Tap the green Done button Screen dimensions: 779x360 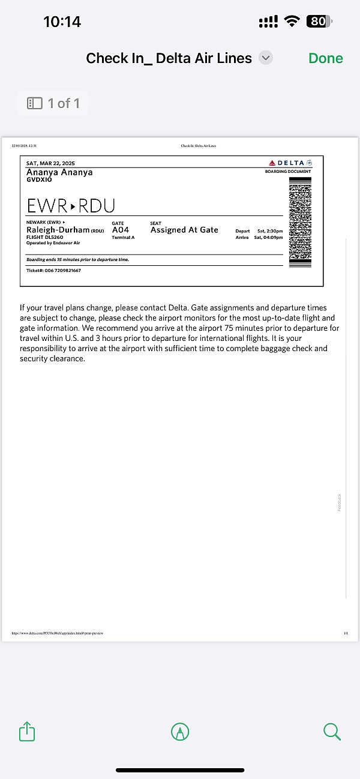click(x=325, y=58)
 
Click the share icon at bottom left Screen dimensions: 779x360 click(x=27, y=732)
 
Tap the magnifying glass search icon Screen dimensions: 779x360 click(x=332, y=732)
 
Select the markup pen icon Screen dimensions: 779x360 click(x=180, y=732)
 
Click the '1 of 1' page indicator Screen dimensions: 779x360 click(x=53, y=103)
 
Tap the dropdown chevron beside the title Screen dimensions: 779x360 click(x=266, y=58)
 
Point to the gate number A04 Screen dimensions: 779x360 click(x=121, y=230)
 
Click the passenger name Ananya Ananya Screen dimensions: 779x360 click(x=59, y=172)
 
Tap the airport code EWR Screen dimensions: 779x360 click(x=47, y=206)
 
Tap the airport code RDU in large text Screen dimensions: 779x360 click(x=97, y=206)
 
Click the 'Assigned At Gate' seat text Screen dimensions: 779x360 click(x=184, y=230)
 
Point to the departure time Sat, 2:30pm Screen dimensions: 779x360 click(x=269, y=231)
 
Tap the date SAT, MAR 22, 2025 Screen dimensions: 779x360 click(x=50, y=163)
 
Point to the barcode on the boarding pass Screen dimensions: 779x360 click(x=300, y=222)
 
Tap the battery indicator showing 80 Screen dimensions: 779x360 click(x=318, y=22)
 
